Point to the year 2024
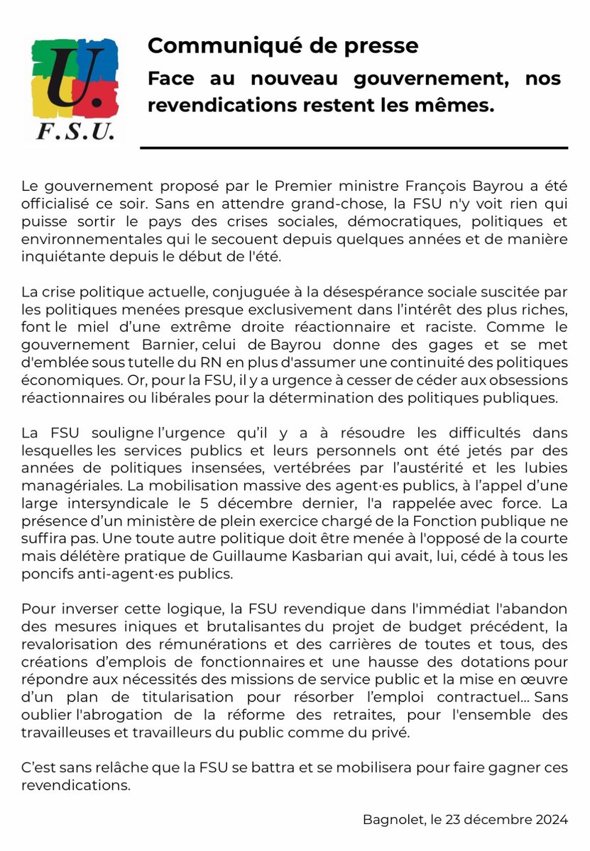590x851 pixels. point(551,820)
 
